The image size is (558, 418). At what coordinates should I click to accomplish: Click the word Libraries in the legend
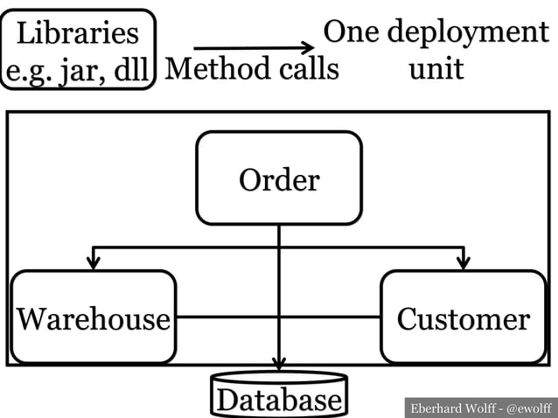[x=78, y=33]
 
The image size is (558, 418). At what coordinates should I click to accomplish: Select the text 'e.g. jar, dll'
[x=79, y=67]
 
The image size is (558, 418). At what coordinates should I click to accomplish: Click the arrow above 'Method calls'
[x=253, y=47]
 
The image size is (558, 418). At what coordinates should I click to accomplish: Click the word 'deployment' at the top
[x=468, y=33]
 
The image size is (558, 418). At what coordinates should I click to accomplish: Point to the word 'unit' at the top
[x=436, y=67]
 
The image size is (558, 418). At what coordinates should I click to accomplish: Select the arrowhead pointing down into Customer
[x=464, y=262]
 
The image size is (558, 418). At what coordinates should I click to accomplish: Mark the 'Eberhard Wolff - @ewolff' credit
[x=481, y=408]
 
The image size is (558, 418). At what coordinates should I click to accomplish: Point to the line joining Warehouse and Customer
[x=227, y=317]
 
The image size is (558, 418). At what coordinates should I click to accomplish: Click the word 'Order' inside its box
[x=279, y=180]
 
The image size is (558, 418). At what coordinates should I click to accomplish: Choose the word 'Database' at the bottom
[x=279, y=401]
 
